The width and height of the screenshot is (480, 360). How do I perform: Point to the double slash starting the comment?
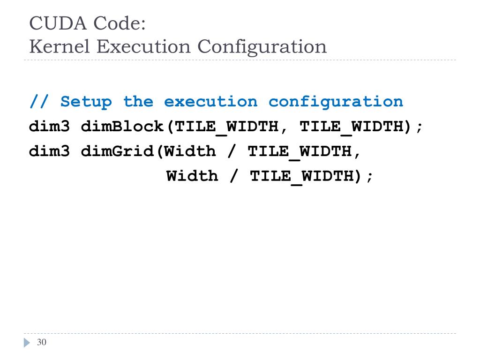pyautogui.click(x=39, y=101)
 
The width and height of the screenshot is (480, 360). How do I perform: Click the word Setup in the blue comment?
pyautogui.click(x=86, y=101)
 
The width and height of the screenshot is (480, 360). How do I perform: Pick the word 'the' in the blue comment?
pyautogui.click(x=138, y=101)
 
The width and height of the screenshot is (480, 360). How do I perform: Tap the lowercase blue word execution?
pyautogui.click(x=210, y=101)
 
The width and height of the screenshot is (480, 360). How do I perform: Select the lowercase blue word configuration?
pyautogui.click(x=336, y=101)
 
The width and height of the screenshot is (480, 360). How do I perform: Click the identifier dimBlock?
pyautogui.click(x=122, y=127)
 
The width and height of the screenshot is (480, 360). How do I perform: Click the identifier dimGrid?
pyautogui.click(x=117, y=151)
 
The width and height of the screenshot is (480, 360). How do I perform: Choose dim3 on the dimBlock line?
pyautogui.click(x=49, y=127)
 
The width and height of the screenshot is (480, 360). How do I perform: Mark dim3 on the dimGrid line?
pyautogui.click(x=49, y=151)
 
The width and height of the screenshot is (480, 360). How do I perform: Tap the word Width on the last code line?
pyautogui.click(x=192, y=176)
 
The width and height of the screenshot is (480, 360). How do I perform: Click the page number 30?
pyautogui.click(x=42, y=342)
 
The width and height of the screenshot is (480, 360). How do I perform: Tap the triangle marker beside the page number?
pyautogui.click(x=27, y=343)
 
